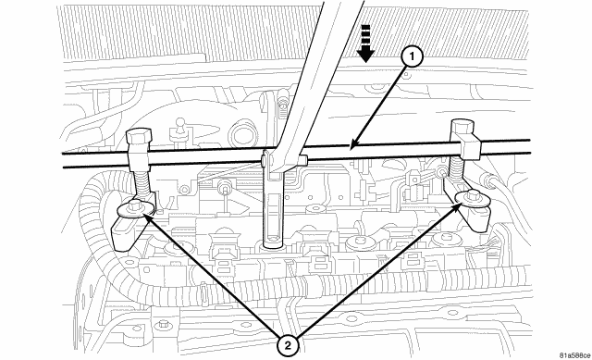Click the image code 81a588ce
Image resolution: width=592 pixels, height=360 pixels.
tap(560, 352)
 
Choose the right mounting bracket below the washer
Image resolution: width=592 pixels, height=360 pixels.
tap(476, 218)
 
